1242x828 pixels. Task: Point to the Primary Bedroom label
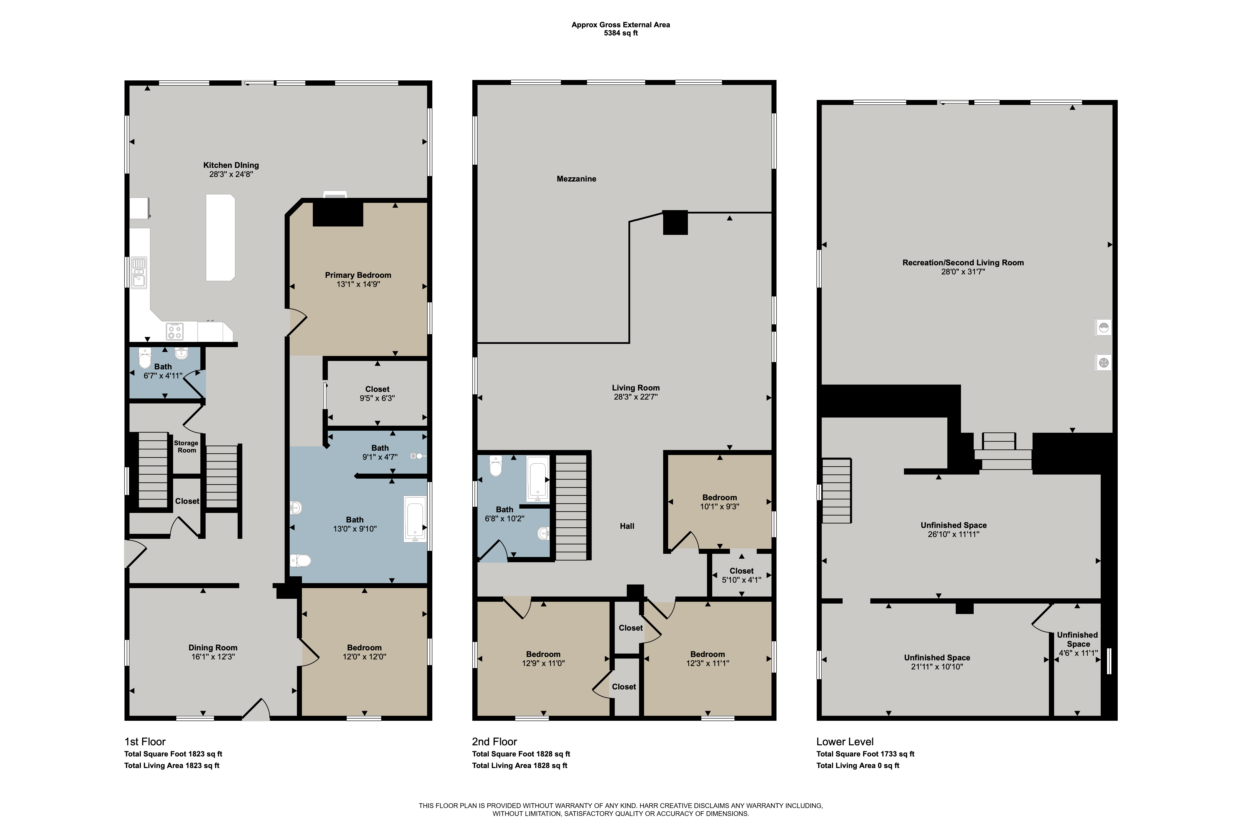(358, 275)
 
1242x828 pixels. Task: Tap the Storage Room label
(187, 447)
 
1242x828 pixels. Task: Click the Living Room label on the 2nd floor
(636, 388)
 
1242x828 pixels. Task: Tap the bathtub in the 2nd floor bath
(538, 479)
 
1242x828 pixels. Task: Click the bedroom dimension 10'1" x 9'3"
(720, 506)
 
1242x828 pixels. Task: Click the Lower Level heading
(845, 741)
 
